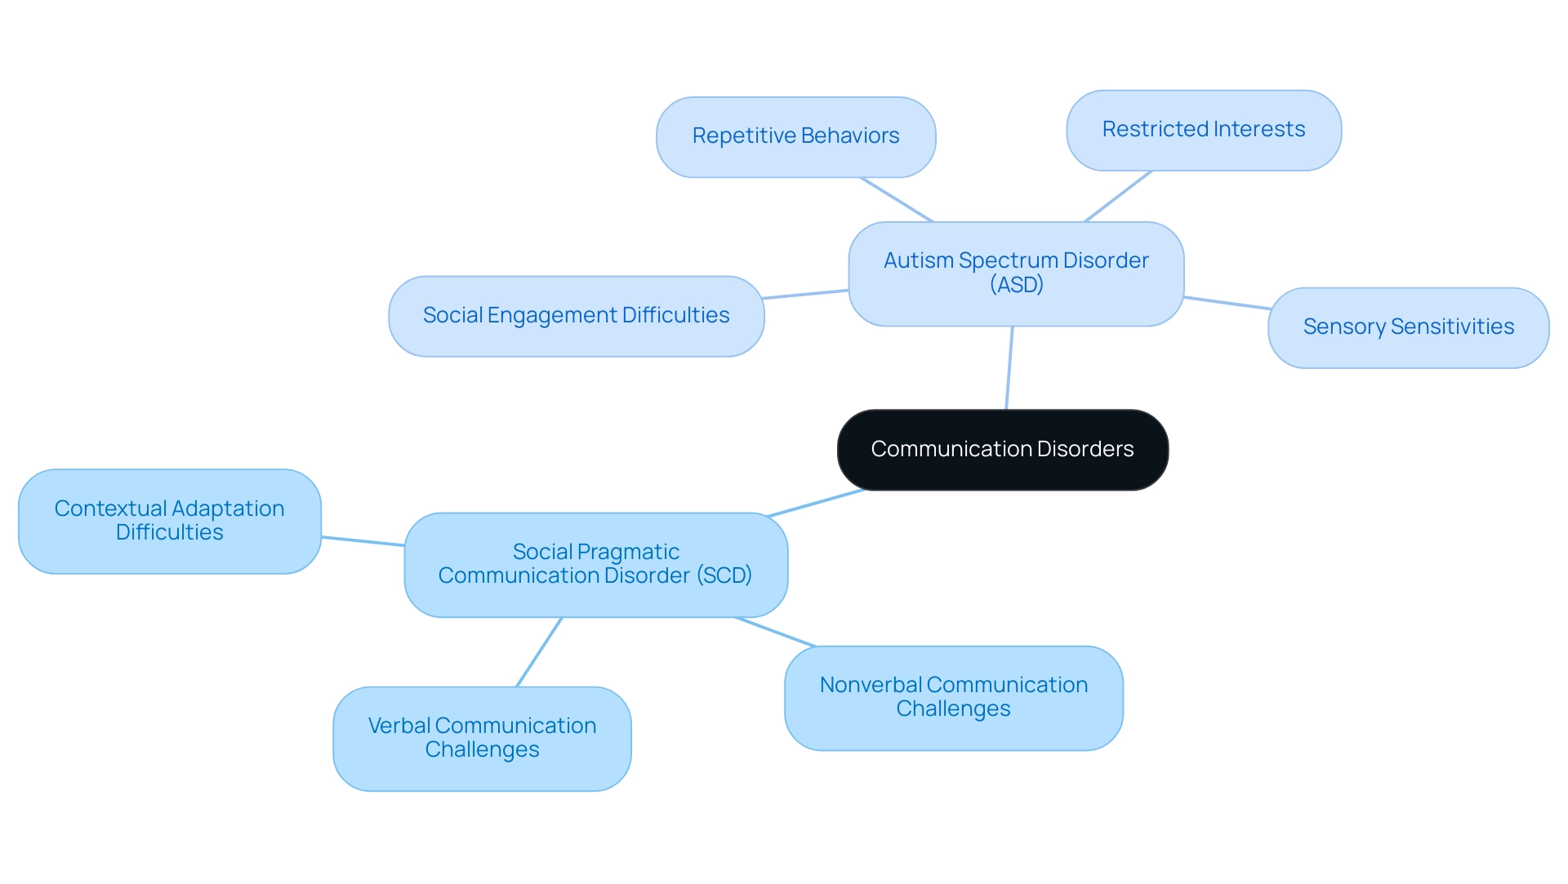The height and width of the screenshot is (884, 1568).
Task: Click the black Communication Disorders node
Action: click(1002, 450)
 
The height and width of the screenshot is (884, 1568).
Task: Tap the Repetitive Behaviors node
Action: click(795, 136)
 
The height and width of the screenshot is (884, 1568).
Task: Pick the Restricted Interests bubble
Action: click(1203, 130)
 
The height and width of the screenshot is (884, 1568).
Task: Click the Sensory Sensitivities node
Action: click(1408, 327)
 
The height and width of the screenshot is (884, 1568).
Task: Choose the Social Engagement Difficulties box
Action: click(576, 316)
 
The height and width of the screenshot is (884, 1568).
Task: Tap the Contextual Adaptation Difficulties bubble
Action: click(169, 521)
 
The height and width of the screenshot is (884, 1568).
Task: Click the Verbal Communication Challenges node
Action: click(482, 738)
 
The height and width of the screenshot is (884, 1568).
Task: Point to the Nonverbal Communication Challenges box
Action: click(953, 697)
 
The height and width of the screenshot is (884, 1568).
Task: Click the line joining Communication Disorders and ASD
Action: click(1009, 367)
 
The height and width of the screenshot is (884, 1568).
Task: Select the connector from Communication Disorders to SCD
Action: click(816, 503)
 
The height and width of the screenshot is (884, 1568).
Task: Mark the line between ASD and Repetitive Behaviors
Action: click(896, 199)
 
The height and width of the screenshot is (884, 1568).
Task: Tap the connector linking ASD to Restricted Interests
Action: click(1117, 196)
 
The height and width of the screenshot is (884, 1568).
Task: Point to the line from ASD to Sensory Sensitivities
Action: click(1227, 303)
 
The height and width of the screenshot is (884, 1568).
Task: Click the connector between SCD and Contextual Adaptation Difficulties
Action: click(363, 541)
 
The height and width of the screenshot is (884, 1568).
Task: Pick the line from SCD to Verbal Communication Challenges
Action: click(539, 652)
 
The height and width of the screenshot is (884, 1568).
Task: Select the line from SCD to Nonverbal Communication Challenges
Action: click(775, 632)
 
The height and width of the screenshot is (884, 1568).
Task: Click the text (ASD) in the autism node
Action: click(1016, 285)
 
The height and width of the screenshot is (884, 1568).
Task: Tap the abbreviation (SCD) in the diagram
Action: click(724, 575)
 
